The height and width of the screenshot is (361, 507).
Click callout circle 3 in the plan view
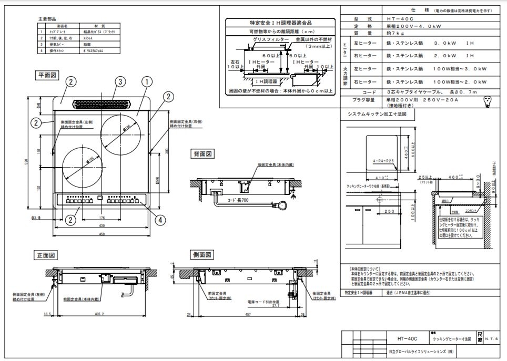click(120, 81)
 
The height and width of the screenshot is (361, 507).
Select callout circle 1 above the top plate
click(147, 81)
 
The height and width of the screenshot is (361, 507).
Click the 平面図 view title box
click(47, 75)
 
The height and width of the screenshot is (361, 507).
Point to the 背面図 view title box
click(202, 154)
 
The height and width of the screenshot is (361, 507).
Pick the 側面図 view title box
click(202, 255)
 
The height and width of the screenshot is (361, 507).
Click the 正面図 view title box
click(46, 255)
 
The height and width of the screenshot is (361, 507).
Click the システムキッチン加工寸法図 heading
click(378, 114)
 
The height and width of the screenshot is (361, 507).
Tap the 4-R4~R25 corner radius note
click(382, 161)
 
